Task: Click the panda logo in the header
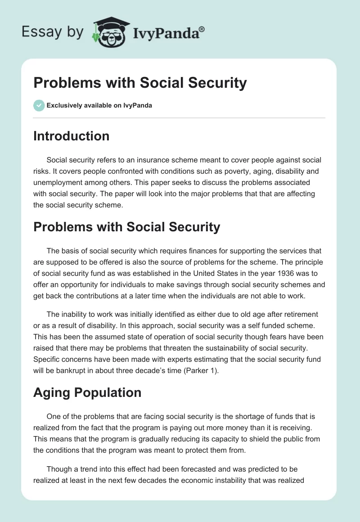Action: [108, 32]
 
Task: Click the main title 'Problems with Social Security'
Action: [140, 83]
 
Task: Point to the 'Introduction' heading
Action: [71, 136]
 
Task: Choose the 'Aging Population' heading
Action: [87, 392]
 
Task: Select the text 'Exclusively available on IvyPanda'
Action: [99, 106]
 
